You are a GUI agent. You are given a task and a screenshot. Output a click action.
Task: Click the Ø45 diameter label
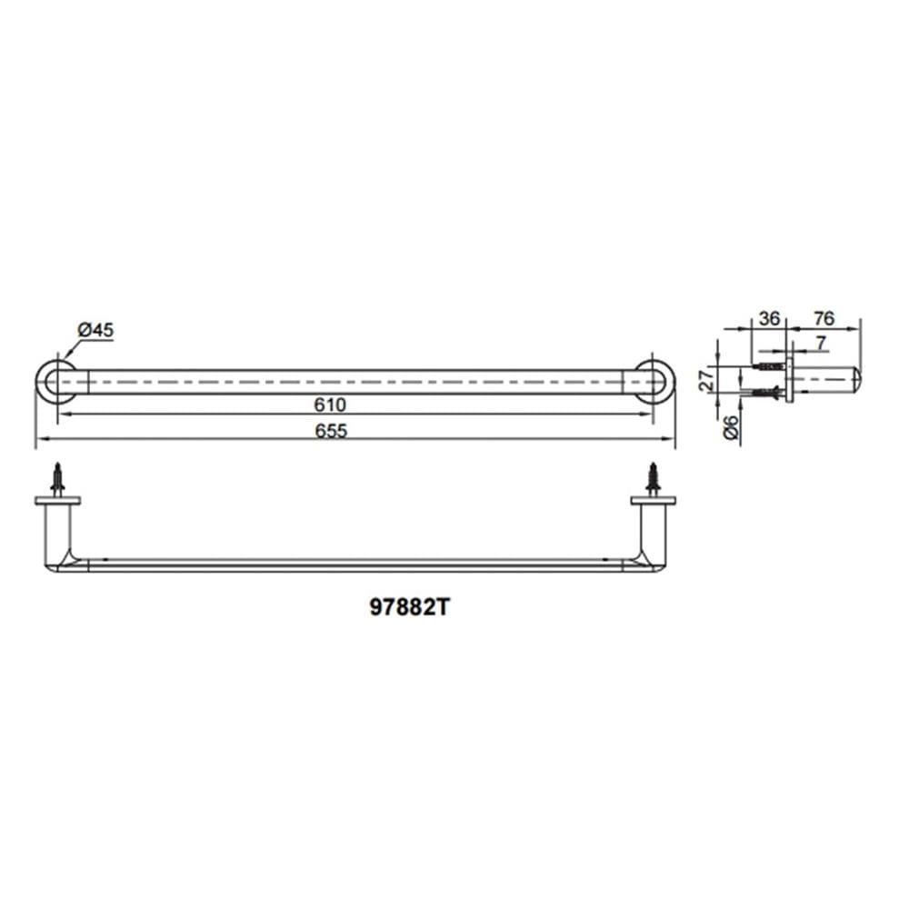[95, 331]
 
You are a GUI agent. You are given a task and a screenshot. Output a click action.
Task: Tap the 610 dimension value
[330, 405]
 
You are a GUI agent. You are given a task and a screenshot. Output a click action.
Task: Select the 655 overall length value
[331, 431]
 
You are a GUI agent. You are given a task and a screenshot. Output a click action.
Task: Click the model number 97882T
[409, 607]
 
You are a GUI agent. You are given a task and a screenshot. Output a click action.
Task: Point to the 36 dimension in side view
[769, 318]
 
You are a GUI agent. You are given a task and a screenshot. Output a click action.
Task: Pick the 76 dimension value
[824, 318]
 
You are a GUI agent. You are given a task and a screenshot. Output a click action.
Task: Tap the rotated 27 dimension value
[706, 380]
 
